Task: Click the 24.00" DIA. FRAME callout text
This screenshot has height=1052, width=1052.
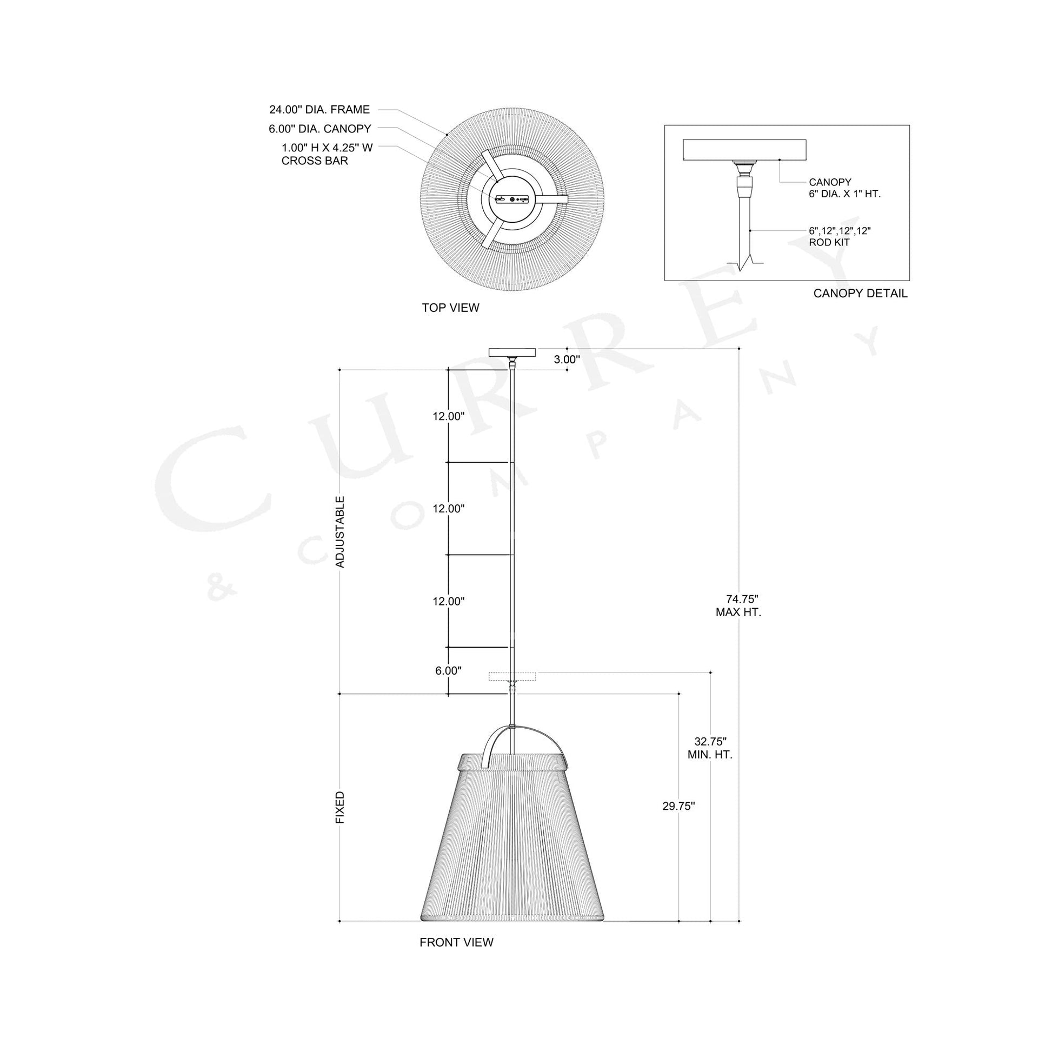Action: pos(319,109)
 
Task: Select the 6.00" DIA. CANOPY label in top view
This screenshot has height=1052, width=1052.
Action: pos(319,129)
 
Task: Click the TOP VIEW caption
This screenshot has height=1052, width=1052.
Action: pos(450,308)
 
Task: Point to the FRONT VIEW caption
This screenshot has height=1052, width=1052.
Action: pos(456,943)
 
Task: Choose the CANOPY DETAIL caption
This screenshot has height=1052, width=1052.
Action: pos(860,294)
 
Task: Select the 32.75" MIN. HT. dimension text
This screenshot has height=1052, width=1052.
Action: pos(710,748)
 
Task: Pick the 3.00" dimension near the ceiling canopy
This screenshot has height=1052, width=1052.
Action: pos(567,359)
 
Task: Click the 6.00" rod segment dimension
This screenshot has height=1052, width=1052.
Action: pos(448,671)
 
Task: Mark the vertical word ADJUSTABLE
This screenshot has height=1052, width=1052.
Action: pos(341,532)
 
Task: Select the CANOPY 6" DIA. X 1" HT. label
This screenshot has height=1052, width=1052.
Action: pos(844,188)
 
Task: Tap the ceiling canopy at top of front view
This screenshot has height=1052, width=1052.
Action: pos(512,352)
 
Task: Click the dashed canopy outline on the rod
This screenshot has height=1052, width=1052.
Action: pos(512,677)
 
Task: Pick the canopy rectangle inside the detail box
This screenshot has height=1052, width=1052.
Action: pos(744,150)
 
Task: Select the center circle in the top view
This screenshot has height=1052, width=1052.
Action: pos(512,199)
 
